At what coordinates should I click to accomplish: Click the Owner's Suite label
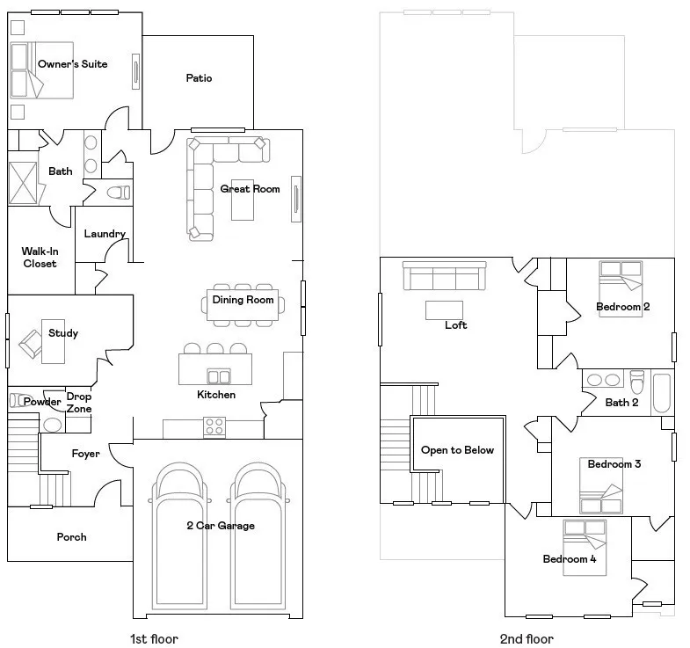point(72,64)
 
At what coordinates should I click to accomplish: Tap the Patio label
point(199,78)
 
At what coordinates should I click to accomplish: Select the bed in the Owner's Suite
point(26,70)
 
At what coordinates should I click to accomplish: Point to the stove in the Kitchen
point(214,426)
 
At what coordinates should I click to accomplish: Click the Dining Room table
point(243,300)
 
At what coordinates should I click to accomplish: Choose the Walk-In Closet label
point(40,258)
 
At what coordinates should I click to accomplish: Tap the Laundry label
point(105,234)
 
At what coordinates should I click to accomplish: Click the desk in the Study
point(54,339)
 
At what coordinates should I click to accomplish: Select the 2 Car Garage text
point(220,526)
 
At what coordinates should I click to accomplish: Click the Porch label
point(71,536)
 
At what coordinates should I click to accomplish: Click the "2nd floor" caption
point(527,639)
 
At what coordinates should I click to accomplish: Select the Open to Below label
point(457,450)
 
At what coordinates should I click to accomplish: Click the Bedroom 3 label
point(614,463)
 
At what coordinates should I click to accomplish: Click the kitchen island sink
point(218,377)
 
